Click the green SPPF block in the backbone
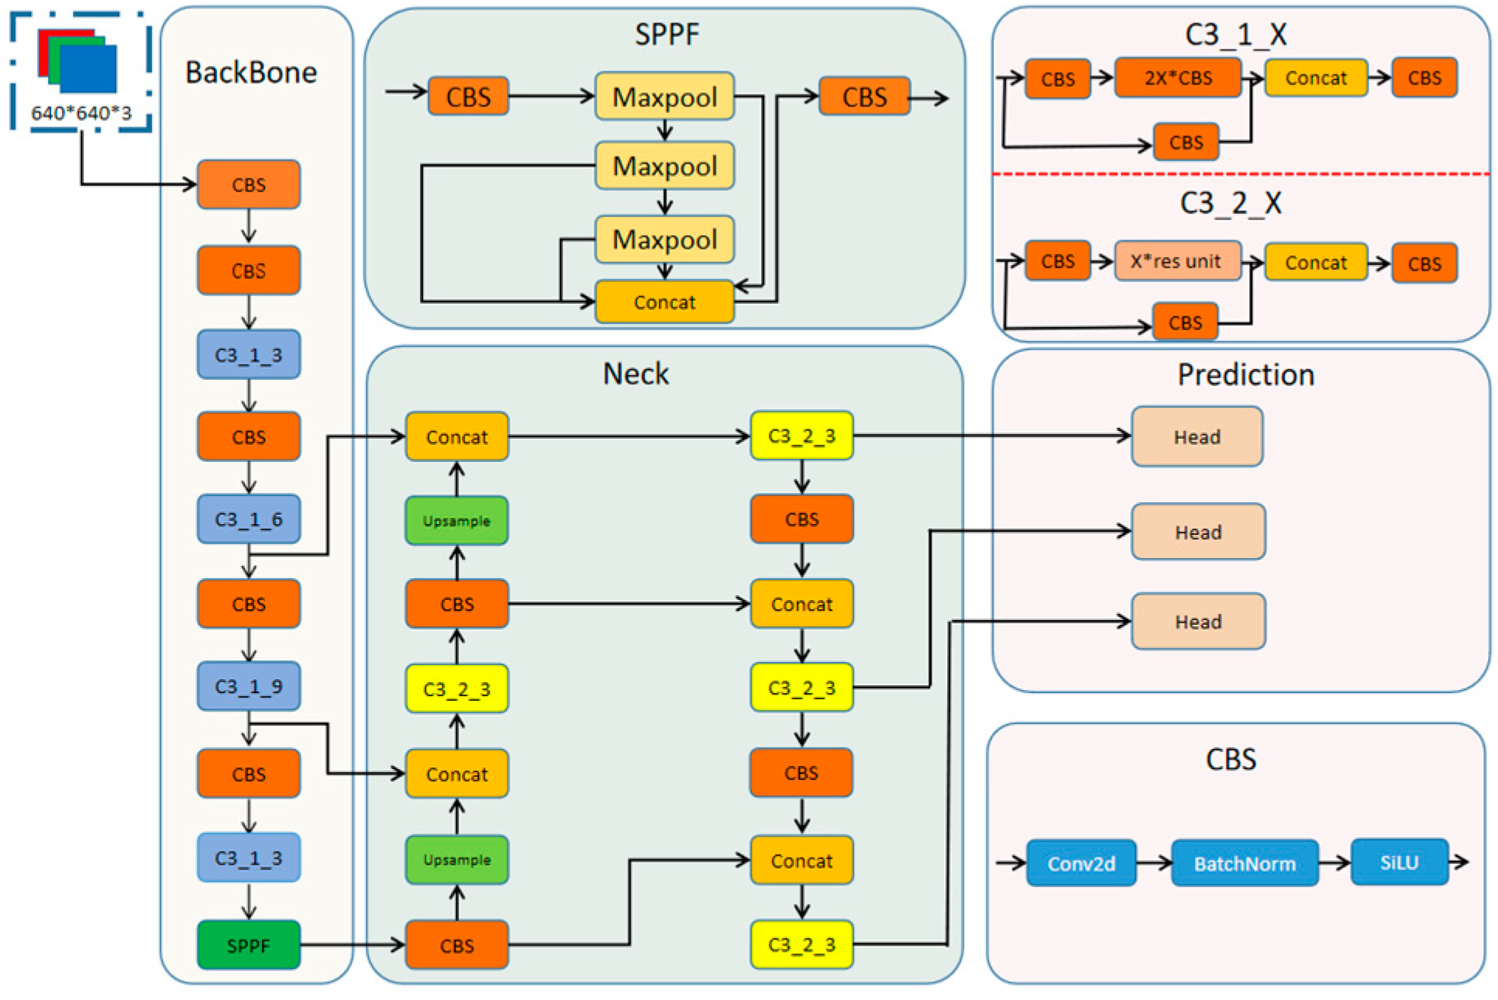(x=248, y=945)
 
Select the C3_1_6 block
(x=248, y=519)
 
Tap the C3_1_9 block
(x=248, y=686)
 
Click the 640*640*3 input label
(x=81, y=113)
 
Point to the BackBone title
(x=250, y=73)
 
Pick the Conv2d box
(x=1081, y=863)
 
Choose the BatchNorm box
(x=1244, y=863)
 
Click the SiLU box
(x=1399, y=862)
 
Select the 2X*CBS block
(x=1177, y=78)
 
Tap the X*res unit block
(x=1177, y=261)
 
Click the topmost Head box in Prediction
(x=1197, y=436)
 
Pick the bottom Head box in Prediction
(x=1197, y=621)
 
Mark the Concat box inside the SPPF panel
(x=664, y=302)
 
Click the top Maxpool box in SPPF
(x=664, y=97)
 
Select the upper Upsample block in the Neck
(x=456, y=521)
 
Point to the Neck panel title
(x=635, y=374)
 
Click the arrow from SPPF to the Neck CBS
(x=353, y=945)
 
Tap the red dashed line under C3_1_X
(x=1240, y=174)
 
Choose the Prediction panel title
(x=1245, y=374)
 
